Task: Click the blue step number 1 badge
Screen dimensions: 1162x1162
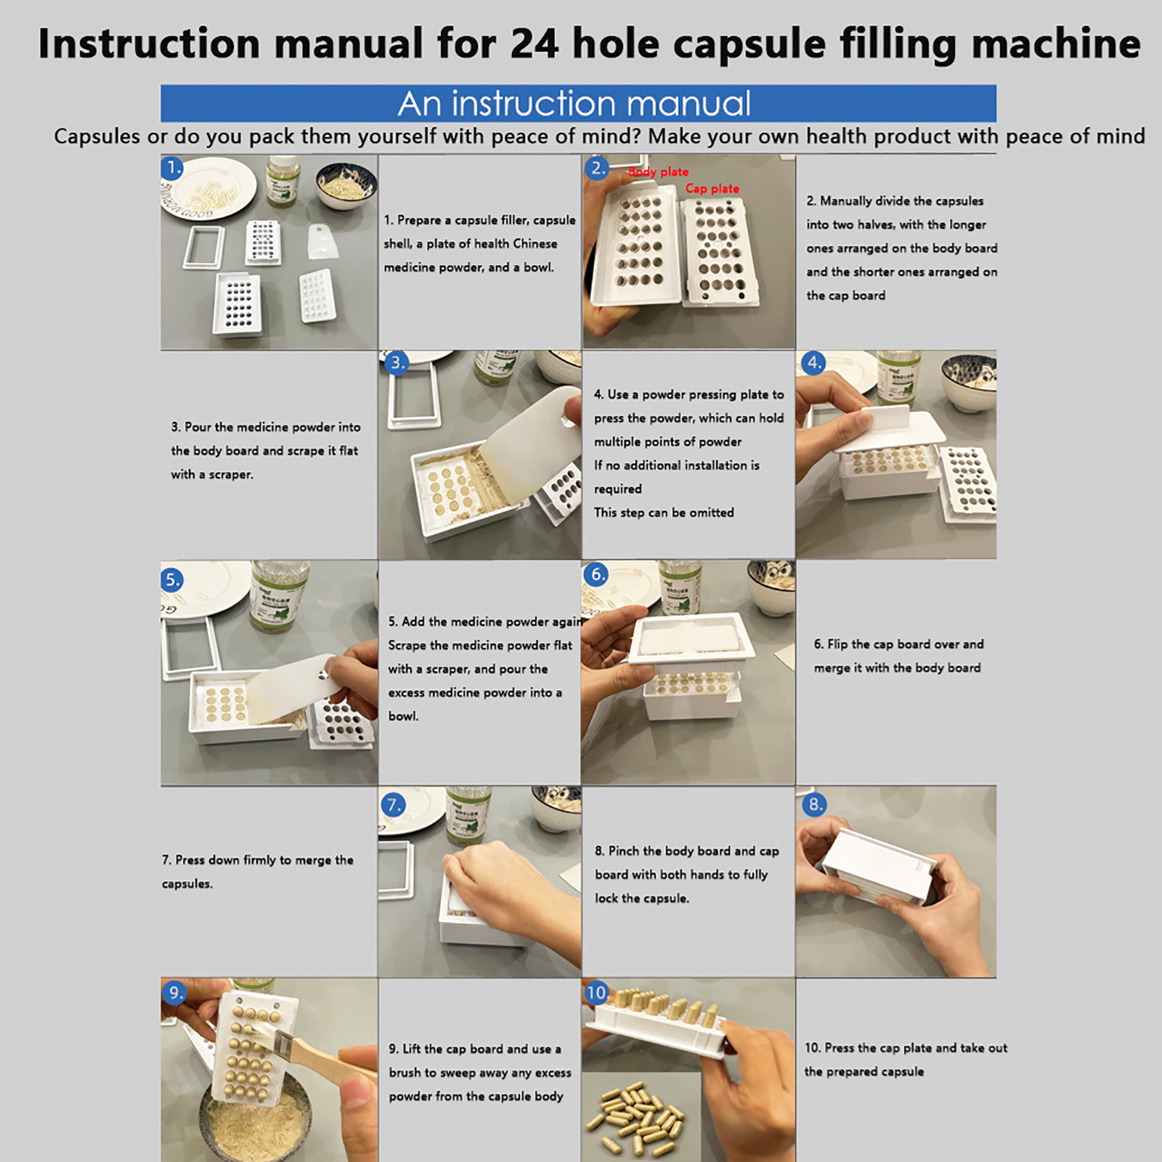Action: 172,168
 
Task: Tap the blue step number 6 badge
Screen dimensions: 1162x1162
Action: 596,574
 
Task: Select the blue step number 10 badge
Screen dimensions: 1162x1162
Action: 596,993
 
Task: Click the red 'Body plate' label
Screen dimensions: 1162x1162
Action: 658,171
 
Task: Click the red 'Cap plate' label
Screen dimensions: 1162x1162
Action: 712,189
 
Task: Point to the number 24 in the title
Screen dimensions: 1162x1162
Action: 535,44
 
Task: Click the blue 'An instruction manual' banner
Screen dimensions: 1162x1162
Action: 578,103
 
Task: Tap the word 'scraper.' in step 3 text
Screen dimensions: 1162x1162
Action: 231,475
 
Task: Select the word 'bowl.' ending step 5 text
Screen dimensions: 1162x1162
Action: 403,716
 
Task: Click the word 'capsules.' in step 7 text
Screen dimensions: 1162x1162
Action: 187,884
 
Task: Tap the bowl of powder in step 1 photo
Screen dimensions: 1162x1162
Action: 346,184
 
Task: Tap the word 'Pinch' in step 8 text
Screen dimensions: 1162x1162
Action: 624,851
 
